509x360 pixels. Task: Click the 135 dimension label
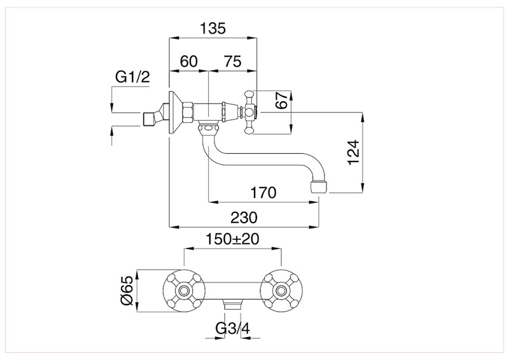coord(213,29)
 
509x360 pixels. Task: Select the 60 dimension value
coord(189,61)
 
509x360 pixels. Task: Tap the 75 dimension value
coord(232,61)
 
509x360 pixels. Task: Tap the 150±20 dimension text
coord(232,240)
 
